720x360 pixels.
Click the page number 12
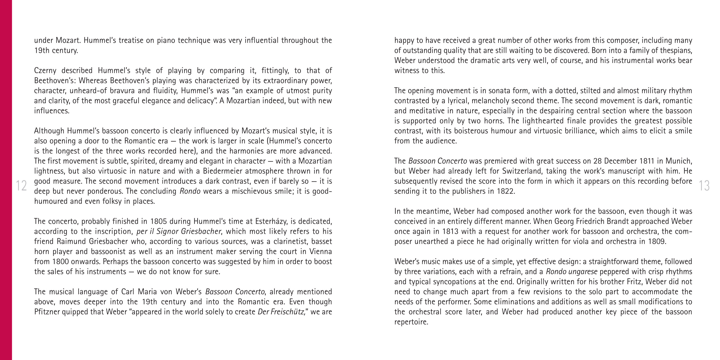click(x=21, y=186)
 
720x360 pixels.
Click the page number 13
click(x=704, y=186)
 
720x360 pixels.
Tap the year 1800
click(x=62, y=262)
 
